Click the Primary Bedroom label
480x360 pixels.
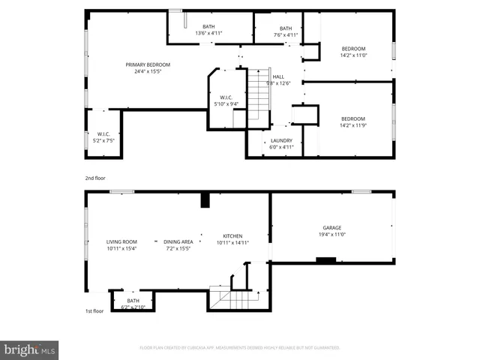[148, 64]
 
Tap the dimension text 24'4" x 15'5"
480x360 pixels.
[148, 72]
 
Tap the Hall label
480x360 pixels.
[278, 76]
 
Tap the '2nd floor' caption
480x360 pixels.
[96, 178]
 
